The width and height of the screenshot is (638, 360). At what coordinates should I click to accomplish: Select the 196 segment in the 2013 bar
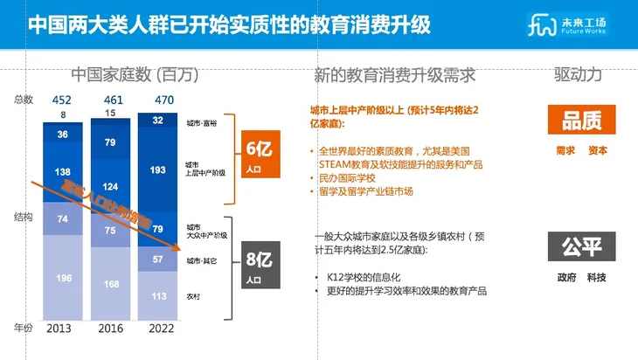click(x=63, y=278)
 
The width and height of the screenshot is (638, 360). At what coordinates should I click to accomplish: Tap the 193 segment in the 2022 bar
click(x=158, y=169)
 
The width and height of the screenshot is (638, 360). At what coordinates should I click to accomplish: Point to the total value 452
click(x=61, y=99)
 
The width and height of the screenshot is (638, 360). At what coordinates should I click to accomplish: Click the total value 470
click(x=158, y=99)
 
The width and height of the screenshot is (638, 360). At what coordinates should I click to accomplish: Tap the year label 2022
click(x=158, y=328)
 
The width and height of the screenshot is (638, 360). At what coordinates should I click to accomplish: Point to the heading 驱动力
click(x=578, y=75)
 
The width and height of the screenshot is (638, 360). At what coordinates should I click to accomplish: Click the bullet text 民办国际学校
click(x=350, y=178)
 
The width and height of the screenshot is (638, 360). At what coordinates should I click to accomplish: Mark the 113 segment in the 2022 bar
click(x=158, y=295)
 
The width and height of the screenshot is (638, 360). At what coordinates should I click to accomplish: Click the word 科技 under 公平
click(x=597, y=278)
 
